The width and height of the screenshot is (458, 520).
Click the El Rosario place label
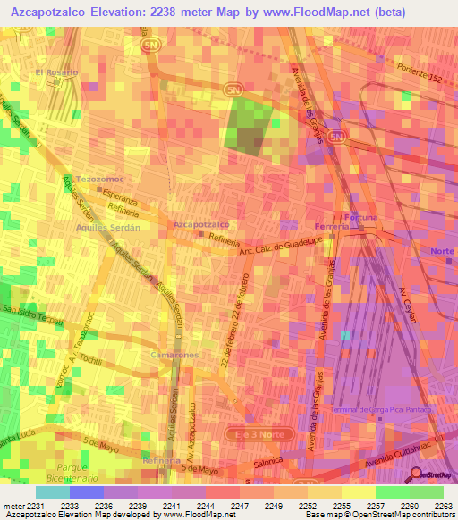click(x=56, y=71)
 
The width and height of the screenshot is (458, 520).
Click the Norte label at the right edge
click(x=442, y=251)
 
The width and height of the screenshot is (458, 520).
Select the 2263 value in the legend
click(x=443, y=505)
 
